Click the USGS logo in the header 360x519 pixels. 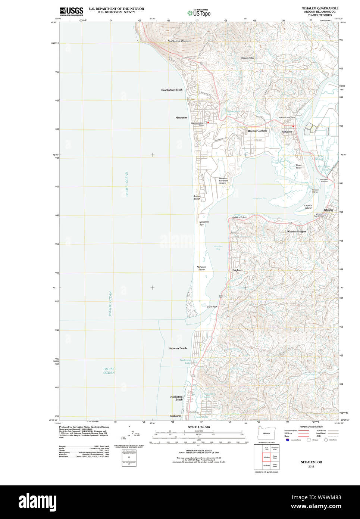tap(71, 11)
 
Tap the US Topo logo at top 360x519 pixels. tap(199, 13)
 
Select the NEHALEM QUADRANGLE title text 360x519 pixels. tap(320, 8)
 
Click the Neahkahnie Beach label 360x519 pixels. tap(172, 90)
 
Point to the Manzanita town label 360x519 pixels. tap(181, 118)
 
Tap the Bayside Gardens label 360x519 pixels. tap(257, 131)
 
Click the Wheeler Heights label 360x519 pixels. tap(296, 231)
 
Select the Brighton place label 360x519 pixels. tap(237, 270)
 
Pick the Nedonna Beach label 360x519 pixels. tap(178, 348)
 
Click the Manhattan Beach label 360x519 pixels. tap(177, 398)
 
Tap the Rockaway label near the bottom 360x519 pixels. tap(175, 416)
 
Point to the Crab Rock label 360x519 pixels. tap(212, 307)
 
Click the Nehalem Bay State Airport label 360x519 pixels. tap(223, 180)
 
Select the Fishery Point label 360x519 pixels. tap(239, 217)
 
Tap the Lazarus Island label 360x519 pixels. tap(308, 206)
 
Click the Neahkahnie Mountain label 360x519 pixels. tap(179, 41)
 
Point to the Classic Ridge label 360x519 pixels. tap(247, 58)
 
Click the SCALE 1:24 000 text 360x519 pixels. tap(198, 427)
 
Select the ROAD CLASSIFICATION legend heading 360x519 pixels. tap(311, 427)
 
